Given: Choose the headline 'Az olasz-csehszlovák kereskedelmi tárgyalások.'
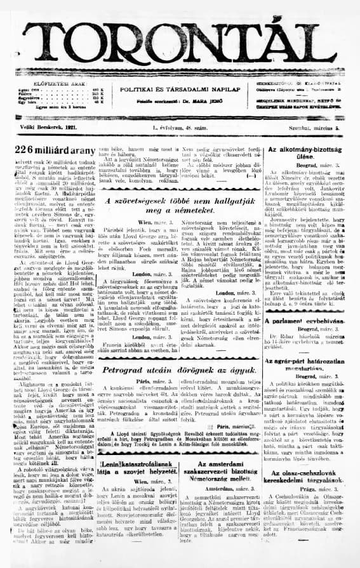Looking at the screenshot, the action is [x=307, y=485].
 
